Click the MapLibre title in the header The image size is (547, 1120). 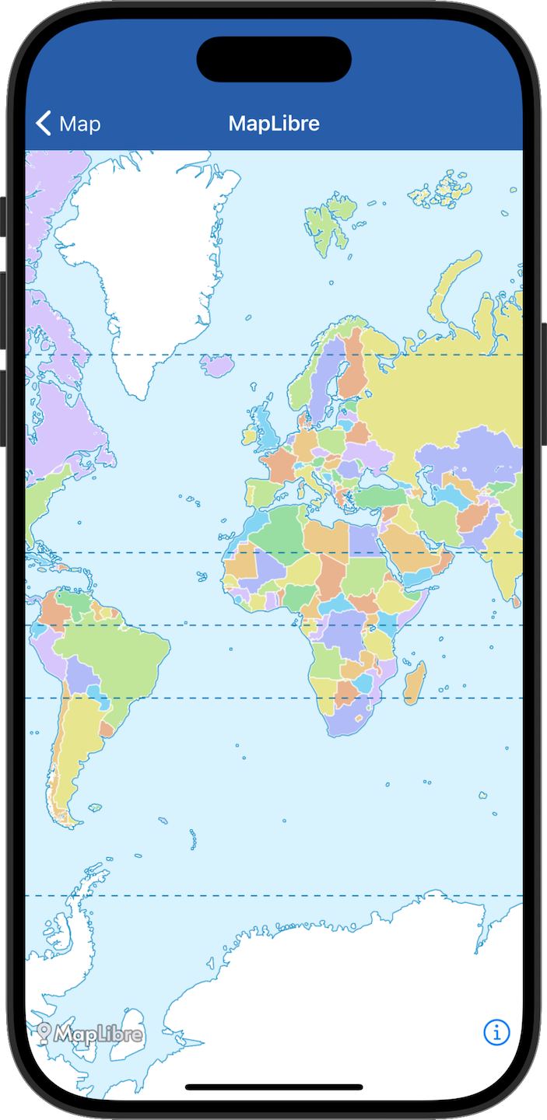[x=274, y=124]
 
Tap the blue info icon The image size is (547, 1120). [x=496, y=1032]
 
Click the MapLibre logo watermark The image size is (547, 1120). [x=90, y=1034]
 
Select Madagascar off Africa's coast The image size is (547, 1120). [x=416, y=679]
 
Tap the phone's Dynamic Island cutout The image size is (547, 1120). [x=274, y=59]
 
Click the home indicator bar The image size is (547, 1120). [x=274, y=1087]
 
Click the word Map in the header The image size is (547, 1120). [x=80, y=124]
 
